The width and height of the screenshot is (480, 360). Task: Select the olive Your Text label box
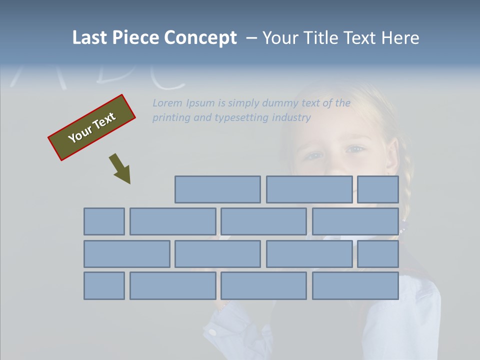click(x=92, y=127)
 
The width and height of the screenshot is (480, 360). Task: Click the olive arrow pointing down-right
click(x=120, y=168)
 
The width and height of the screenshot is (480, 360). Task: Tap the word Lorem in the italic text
click(x=167, y=103)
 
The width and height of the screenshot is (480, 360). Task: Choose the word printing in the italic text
click(x=171, y=117)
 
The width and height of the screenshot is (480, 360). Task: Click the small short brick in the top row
click(x=378, y=189)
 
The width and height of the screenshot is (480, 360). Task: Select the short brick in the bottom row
click(x=104, y=285)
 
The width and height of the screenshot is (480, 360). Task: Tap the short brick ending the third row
click(x=378, y=254)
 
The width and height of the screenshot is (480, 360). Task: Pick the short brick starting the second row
click(x=104, y=221)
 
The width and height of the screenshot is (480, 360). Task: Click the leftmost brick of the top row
click(x=217, y=189)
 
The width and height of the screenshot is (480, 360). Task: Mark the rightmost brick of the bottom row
click(x=355, y=285)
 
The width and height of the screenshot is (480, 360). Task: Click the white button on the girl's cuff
click(x=212, y=331)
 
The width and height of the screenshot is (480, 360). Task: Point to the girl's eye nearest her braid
click(x=356, y=149)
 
